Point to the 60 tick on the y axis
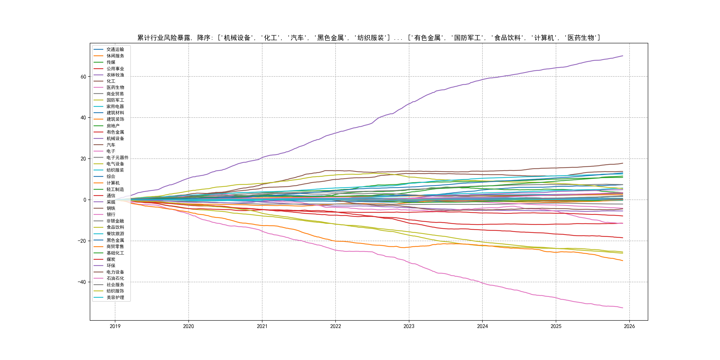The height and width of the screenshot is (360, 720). [83, 77]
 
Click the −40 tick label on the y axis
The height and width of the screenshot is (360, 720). [82, 282]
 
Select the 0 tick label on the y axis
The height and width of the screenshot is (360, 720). [85, 200]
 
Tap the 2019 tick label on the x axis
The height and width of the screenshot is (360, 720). [115, 326]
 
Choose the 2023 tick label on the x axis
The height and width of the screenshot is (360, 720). [409, 326]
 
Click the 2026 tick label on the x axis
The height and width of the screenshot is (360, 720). [629, 326]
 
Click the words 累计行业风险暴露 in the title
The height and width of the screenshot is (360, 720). [164, 38]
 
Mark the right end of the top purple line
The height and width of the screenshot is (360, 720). [623, 56]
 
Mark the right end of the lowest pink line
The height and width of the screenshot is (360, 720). [623, 308]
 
